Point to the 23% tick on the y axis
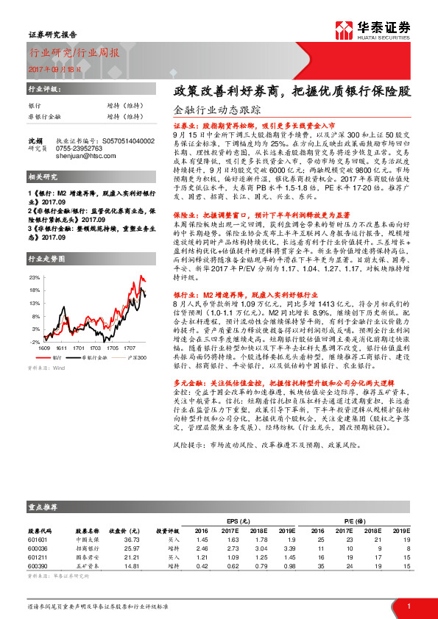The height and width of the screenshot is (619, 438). [34, 278]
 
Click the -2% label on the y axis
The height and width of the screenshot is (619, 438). [34, 343]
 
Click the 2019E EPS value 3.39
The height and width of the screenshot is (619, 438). [289, 548]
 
